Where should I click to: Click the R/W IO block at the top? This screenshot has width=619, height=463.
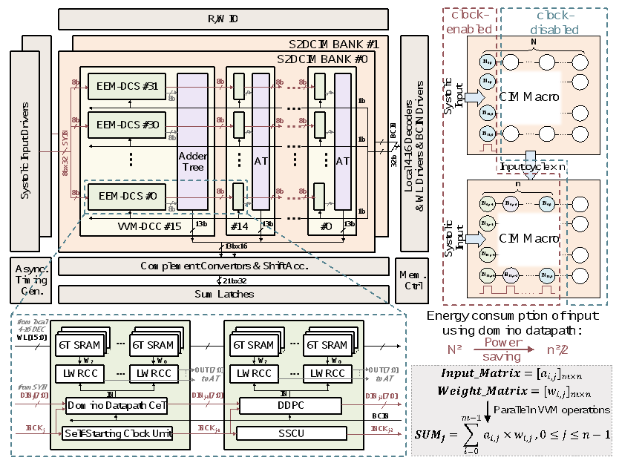point(222,19)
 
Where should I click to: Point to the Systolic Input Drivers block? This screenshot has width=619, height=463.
point(25,141)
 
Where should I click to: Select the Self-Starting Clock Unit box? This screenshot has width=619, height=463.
point(111,433)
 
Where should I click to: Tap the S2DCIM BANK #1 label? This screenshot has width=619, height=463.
point(327,44)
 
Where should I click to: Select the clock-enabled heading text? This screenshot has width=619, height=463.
point(467,23)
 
